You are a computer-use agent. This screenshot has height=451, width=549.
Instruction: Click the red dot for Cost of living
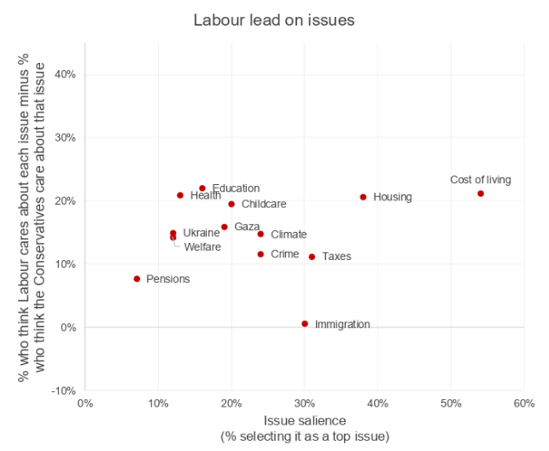coord(481,194)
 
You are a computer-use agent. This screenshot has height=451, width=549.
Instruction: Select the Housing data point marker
coord(363,197)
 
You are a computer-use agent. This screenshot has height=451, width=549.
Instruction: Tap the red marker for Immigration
coord(305,324)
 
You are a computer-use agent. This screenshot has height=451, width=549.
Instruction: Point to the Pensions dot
coord(137,279)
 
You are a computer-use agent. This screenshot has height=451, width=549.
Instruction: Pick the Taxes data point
coord(312,257)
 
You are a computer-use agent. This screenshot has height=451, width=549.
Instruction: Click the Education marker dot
coord(202,188)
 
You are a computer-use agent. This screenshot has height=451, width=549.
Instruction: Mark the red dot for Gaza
coord(225,227)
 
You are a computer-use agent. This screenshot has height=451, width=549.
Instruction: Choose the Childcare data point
coord(231,204)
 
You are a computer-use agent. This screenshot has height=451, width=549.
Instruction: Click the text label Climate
coord(289,234)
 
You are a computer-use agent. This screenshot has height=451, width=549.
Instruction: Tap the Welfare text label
coord(202,247)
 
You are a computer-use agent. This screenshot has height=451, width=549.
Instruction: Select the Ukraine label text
coord(201,233)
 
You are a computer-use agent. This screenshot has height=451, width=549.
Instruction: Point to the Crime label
coord(285,254)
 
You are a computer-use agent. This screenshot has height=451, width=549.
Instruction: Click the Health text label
coord(206,195)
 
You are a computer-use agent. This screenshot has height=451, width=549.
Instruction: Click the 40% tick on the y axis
coord(65,74)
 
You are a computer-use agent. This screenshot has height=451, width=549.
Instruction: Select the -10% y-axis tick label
coord(63,390)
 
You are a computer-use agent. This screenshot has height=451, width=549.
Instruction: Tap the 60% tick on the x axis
coord(524,403)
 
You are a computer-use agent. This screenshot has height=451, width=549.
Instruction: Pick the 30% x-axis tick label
coord(305,403)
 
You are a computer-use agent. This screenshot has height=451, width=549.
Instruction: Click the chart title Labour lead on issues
coord(274,20)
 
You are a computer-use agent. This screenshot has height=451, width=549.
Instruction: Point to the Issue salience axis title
coord(305,420)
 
